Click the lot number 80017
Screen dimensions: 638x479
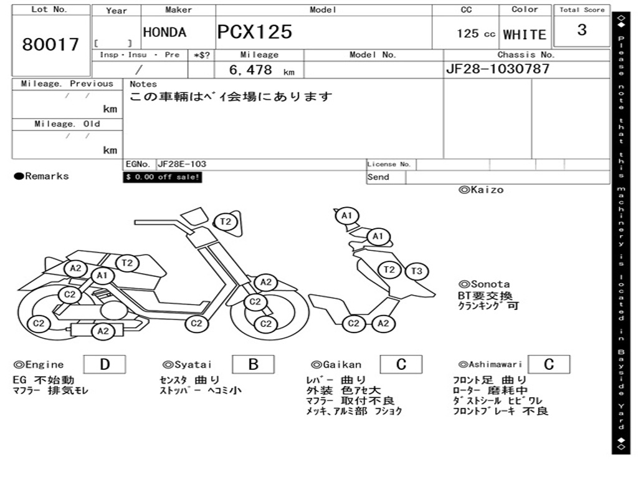(x=51, y=45)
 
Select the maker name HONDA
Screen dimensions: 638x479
(x=164, y=32)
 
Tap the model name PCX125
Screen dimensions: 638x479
(x=254, y=32)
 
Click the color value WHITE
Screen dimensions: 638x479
(x=525, y=35)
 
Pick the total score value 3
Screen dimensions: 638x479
(x=582, y=30)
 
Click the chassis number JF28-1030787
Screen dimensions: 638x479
(x=498, y=69)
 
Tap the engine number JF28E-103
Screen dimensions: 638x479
(x=182, y=165)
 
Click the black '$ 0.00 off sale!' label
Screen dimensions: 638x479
(x=163, y=177)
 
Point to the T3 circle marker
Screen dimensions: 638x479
(x=417, y=271)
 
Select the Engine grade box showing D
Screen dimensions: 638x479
(x=104, y=364)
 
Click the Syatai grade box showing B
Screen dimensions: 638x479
(x=253, y=364)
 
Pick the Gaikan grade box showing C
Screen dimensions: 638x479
(x=401, y=364)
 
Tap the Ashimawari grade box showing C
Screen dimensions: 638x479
(x=548, y=364)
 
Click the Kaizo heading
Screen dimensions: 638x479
(x=481, y=190)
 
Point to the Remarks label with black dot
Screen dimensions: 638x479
(x=42, y=177)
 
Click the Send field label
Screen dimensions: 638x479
(x=378, y=177)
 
